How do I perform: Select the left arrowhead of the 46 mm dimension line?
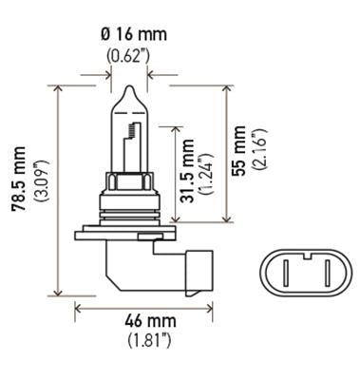[78, 307]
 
